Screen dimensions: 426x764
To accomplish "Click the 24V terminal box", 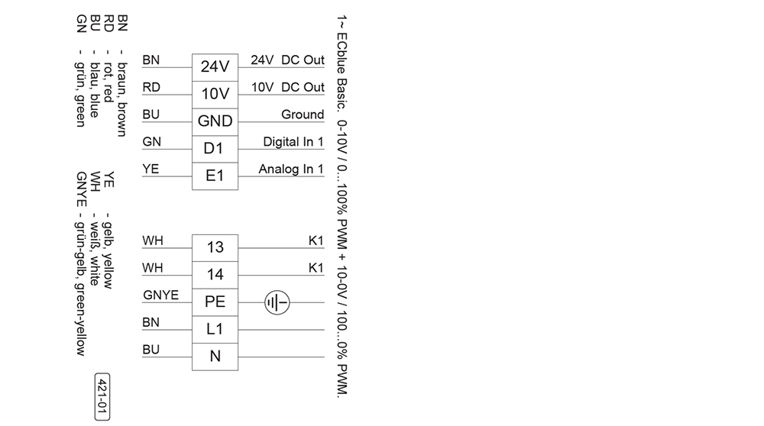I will click(x=215, y=67).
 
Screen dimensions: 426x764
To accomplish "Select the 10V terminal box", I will click(x=215, y=95).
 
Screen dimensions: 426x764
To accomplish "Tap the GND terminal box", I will click(x=215, y=121).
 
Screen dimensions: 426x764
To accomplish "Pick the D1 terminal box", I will click(x=215, y=149).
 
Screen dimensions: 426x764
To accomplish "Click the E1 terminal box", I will click(x=215, y=176).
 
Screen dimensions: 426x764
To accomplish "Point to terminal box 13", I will click(x=215, y=247).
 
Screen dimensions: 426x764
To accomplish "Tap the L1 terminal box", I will click(x=215, y=329).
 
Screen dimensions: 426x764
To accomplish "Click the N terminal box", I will click(x=215, y=357).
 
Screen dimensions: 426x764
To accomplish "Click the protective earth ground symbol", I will click(x=277, y=303).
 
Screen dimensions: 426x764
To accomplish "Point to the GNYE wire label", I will click(x=160, y=295).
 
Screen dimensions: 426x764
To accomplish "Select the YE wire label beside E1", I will click(x=151, y=169).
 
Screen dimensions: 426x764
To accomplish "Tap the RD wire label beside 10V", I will click(x=151, y=87).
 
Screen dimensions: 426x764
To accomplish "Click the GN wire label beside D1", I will click(x=151, y=141).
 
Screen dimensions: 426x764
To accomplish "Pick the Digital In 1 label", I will click(x=293, y=141).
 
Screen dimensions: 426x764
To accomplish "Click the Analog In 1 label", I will click(x=291, y=169).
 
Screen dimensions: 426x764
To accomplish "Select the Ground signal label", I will click(x=303, y=115).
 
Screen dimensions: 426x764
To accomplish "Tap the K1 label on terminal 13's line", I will click(x=316, y=240).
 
